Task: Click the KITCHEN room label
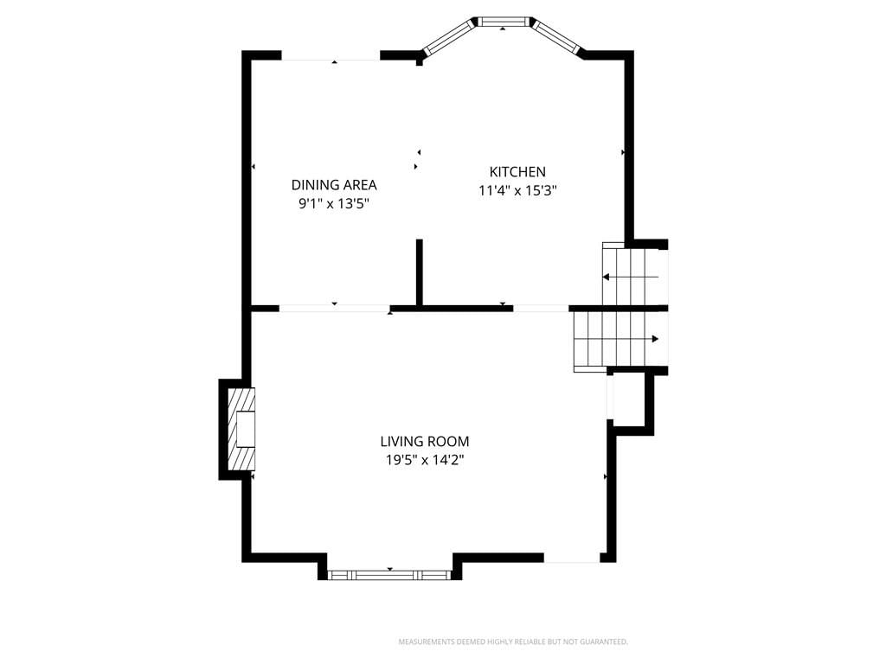(x=517, y=172)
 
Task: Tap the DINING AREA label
(x=334, y=185)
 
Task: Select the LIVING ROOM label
(x=424, y=441)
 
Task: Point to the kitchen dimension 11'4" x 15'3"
(x=517, y=190)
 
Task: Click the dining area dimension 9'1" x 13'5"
(x=334, y=203)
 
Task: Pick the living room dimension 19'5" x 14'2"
(x=424, y=460)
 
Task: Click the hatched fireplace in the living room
(x=241, y=429)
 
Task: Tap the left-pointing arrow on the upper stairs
(x=631, y=278)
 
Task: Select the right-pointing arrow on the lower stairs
(x=616, y=339)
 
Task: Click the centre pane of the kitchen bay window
(x=503, y=22)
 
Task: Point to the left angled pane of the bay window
(x=449, y=36)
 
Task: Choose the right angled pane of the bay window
(x=557, y=37)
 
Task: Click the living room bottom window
(x=389, y=575)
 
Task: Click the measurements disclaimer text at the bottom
(x=513, y=642)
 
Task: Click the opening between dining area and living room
(x=335, y=309)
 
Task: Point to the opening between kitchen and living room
(x=541, y=309)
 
